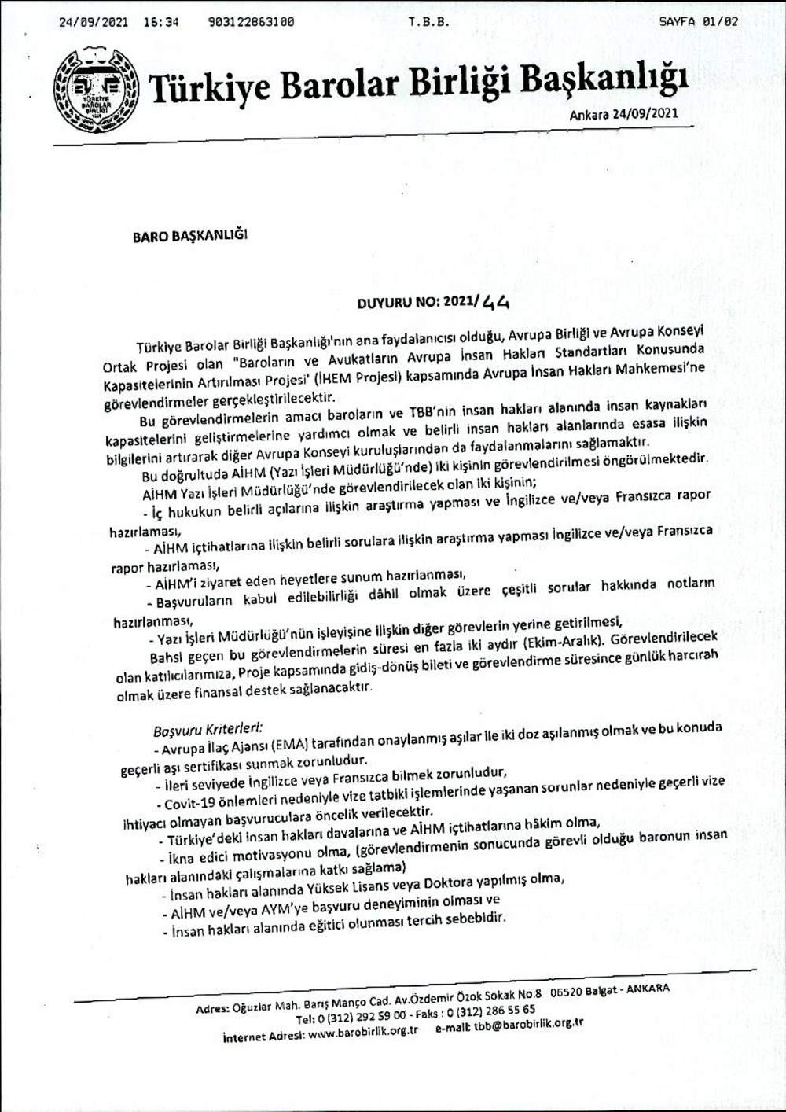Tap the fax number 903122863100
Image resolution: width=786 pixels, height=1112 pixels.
pos(252,22)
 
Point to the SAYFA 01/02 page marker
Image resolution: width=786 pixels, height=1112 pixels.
pos(699,22)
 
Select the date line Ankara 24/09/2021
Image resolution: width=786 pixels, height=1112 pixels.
pos(624,115)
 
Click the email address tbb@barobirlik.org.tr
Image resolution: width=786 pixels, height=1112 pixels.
pos(526,1025)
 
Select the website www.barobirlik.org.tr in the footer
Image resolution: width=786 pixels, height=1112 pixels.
pos(362,1033)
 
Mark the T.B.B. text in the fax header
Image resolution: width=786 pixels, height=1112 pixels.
pos(428,22)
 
